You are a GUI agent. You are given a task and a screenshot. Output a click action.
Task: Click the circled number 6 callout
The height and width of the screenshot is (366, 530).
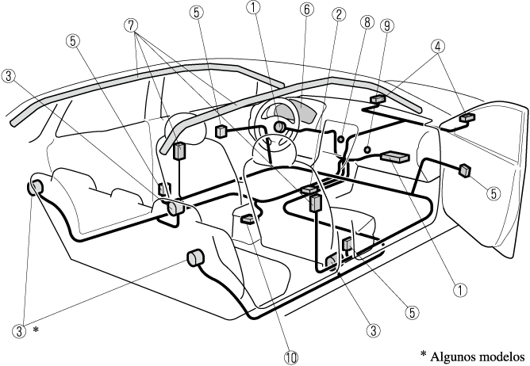point(305,12)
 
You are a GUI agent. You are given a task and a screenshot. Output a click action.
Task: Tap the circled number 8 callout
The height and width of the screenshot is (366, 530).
point(366,23)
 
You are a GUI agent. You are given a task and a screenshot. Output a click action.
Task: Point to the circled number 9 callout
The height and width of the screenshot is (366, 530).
point(387,25)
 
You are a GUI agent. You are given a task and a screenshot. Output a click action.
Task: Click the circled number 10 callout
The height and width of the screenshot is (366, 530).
point(292,357)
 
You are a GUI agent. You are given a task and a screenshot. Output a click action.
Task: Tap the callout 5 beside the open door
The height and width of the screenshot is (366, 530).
point(494,191)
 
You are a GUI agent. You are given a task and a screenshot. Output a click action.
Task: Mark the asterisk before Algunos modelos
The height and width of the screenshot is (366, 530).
point(424,353)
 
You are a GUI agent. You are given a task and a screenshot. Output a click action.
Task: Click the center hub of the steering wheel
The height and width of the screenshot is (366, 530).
point(280,127)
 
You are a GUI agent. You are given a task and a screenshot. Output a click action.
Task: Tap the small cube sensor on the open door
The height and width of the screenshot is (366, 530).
point(466,169)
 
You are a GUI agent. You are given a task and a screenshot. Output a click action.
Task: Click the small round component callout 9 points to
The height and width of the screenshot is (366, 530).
point(368,148)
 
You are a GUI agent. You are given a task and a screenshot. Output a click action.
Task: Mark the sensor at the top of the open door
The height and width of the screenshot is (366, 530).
point(468,118)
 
